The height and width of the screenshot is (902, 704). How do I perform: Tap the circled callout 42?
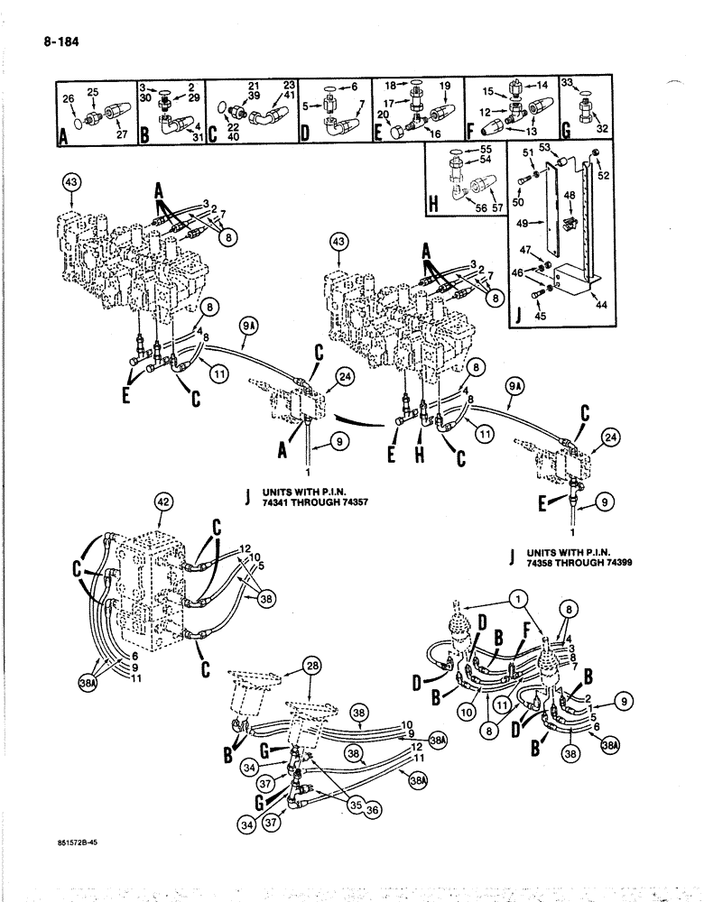163,502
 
